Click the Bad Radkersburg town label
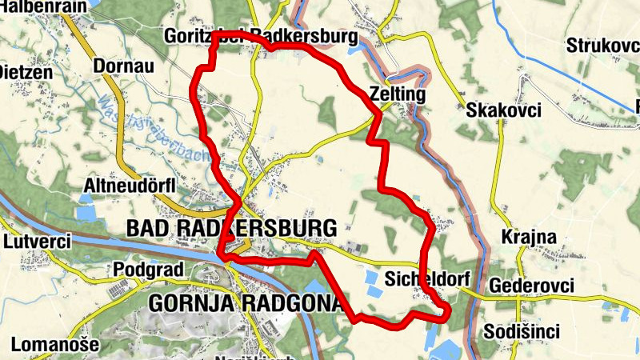click(x=231, y=228)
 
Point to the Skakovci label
click(x=504, y=110)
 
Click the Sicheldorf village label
click(x=424, y=279)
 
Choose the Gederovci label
click(x=530, y=286)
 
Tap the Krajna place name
click(x=523, y=237)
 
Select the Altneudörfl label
click(x=129, y=186)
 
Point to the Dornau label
click(x=122, y=66)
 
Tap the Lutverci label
click(x=37, y=240)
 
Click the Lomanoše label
click(x=54, y=345)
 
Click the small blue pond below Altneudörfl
click(x=86, y=214)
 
